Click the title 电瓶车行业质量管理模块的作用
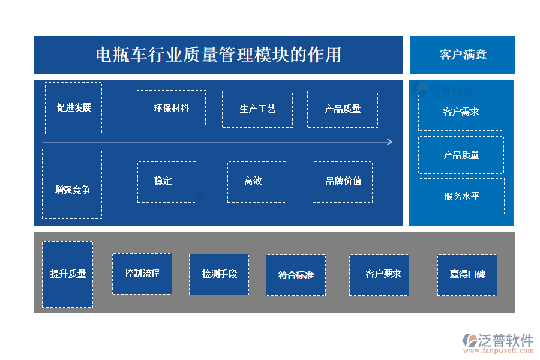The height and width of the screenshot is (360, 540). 218,55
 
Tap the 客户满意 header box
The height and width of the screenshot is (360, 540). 463,55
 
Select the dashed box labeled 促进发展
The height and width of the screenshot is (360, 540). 73,108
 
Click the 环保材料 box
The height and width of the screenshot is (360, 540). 171,109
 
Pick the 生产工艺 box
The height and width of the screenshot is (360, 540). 257,109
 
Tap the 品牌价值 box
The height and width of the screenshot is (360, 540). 343,181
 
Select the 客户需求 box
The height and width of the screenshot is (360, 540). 461,112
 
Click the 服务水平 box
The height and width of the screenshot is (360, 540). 461,196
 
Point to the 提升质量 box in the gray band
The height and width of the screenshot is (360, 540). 68,274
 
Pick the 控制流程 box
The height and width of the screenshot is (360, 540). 142,274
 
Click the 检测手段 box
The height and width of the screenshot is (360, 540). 219,274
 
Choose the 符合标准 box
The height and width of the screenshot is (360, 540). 296,275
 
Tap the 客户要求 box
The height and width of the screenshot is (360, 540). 379,275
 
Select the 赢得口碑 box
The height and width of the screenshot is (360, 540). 467,275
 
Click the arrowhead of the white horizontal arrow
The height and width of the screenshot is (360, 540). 390,142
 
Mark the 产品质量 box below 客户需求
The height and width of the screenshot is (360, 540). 461,155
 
